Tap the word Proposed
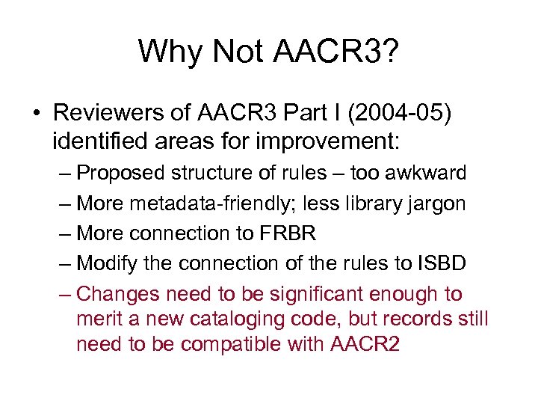pos(122,173)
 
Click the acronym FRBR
pos(287,233)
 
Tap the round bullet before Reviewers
pos(36,113)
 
